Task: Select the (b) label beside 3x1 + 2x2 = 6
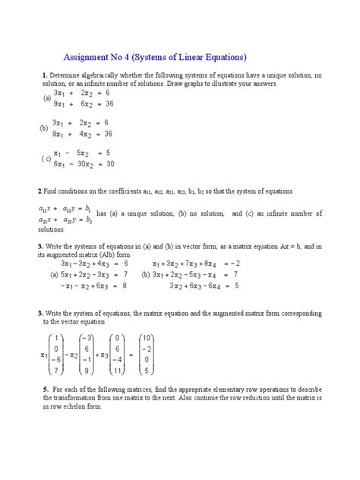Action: [x=44, y=128]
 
